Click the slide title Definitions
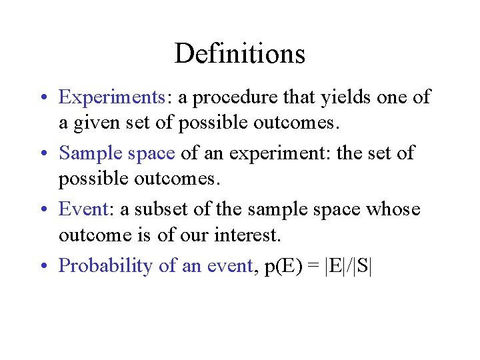(239, 53)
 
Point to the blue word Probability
(107, 266)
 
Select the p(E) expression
(283, 266)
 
